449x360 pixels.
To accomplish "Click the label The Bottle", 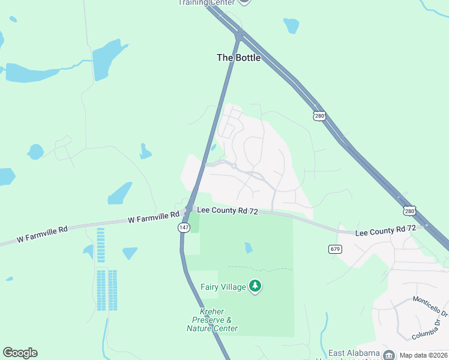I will point(239,58).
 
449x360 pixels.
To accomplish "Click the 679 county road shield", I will point(335,248).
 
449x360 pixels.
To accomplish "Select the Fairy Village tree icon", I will point(256,287).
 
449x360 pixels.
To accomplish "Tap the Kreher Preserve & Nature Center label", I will point(212,320).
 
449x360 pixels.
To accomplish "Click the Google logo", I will point(20,353).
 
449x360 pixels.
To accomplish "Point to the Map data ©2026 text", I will point(424,355).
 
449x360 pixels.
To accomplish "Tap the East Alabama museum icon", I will point(389,354).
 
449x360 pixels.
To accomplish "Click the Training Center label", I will point(205,2).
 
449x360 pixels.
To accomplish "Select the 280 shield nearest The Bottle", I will point(319,115).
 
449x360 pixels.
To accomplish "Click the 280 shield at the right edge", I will point(409,211).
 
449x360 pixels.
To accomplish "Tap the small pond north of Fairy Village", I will point(249,247).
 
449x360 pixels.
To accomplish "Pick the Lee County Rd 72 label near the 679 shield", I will point(385,230).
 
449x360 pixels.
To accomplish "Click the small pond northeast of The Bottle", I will point(291,25).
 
